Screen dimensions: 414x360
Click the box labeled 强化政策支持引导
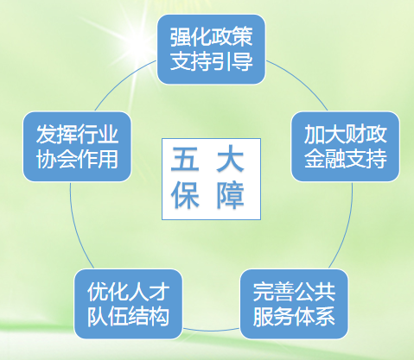211,49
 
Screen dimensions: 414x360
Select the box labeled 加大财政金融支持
346,147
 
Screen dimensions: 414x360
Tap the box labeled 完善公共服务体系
294,304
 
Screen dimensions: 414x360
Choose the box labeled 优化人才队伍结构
128,304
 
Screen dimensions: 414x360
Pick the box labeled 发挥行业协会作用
77,147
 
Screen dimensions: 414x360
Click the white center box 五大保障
211,179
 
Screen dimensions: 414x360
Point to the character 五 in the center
185,159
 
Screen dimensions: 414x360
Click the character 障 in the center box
231,195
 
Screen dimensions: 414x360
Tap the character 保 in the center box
185,195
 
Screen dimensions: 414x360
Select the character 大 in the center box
231,159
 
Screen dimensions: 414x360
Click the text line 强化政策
211,37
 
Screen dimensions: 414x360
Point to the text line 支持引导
211,61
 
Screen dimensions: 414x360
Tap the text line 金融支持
346,159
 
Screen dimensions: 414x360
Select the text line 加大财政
346,135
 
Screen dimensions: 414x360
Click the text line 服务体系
294,316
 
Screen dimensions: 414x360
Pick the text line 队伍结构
128,316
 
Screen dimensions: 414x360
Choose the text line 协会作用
77,159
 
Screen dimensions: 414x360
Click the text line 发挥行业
77,135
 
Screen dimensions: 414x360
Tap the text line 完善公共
294,292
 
